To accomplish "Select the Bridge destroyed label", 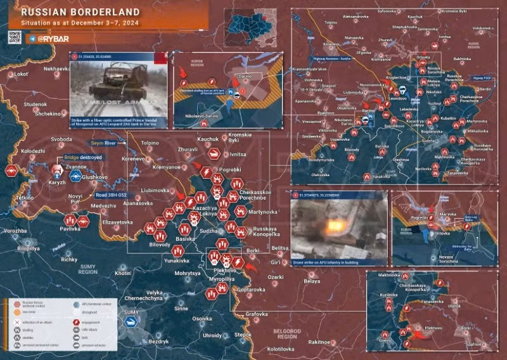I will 82,157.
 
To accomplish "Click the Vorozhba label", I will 15,231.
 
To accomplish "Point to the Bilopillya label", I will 28,249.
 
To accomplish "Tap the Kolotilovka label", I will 281,349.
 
